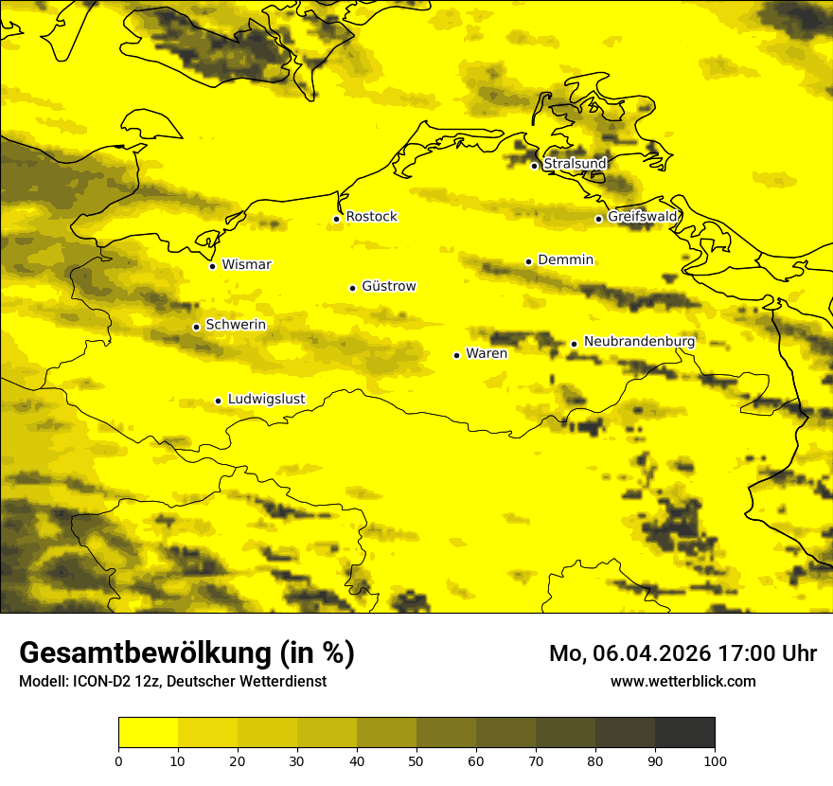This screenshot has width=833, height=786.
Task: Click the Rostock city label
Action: coord(371,217)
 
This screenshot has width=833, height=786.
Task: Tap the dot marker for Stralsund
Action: coord(534,166)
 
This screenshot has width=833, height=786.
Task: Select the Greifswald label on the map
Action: coord(642,217)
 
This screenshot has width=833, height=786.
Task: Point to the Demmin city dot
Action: coord(528,261)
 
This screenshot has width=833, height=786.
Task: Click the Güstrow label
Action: coord(388,286)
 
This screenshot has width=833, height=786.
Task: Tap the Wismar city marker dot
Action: coord(212,266)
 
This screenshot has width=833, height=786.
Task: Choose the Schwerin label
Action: coord(236,325)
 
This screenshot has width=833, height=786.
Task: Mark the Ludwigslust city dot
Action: coord(218,401)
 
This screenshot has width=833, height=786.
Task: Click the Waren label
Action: coord(487,353)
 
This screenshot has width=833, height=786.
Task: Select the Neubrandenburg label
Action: coord(639,341)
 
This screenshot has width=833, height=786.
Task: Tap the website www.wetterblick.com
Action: coord(682,681)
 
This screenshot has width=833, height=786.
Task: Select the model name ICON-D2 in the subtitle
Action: coord(97,681)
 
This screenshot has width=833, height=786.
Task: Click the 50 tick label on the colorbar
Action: coord(416,760)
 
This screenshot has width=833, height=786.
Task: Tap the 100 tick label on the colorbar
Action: coord(715,760)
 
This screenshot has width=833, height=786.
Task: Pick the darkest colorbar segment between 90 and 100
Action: coord(684,733)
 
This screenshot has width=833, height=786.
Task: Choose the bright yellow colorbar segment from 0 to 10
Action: coord(149,733)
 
